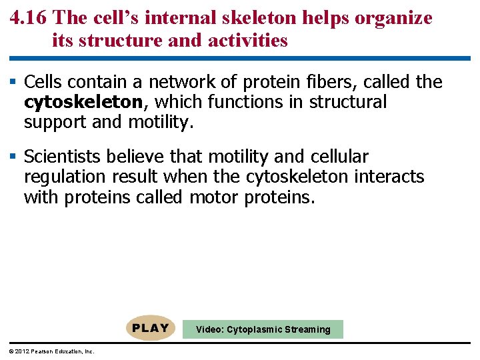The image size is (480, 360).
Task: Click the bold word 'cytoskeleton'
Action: pyautogui.click(x=83, y=103)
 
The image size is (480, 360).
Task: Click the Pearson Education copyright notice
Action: pyautogui.click(x=48, y=351)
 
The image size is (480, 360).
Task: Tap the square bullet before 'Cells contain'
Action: pyautogui.click(x=15, y=82)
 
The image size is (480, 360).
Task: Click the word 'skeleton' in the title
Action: pyautogui.click(x=259, y=18)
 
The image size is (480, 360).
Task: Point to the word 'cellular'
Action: pyautogui.click(x=339, y=157)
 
